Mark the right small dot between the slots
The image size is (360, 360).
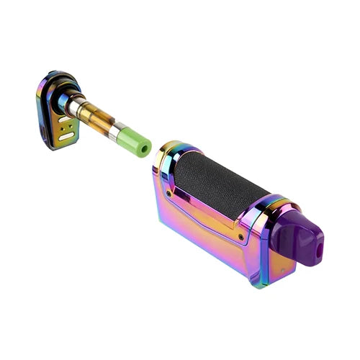click(70, 129)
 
